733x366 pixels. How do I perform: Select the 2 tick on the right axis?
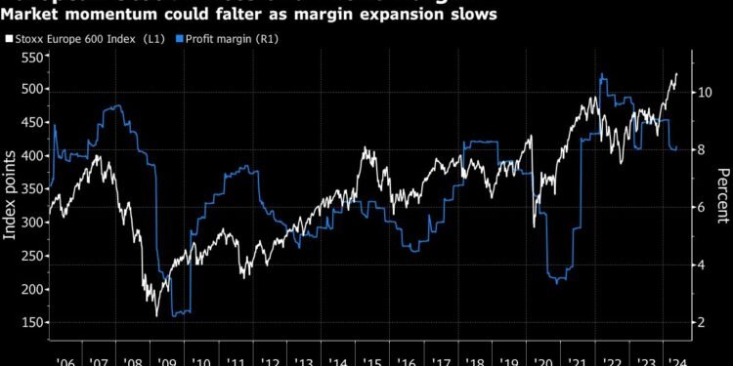[x=703, y=322]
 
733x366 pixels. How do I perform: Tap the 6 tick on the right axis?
[x=703, y=207]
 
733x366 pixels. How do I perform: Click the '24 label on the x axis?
[x=673, y=357]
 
